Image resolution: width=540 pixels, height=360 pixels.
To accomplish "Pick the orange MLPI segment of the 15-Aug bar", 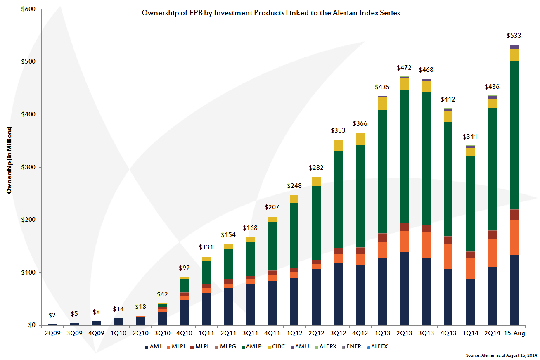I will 514,237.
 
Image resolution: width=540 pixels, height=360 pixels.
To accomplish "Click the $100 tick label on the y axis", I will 27,273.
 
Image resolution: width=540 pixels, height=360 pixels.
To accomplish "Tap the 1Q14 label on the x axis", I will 470,332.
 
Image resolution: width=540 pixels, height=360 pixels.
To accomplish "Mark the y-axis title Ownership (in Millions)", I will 9,160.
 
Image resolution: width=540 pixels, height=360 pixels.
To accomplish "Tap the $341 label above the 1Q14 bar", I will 470,137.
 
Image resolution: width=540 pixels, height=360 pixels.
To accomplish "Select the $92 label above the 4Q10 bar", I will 185,267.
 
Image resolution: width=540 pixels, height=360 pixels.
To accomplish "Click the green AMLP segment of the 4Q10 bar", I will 185,285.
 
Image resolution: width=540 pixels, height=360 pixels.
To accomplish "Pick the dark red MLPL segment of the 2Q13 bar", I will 405,227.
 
